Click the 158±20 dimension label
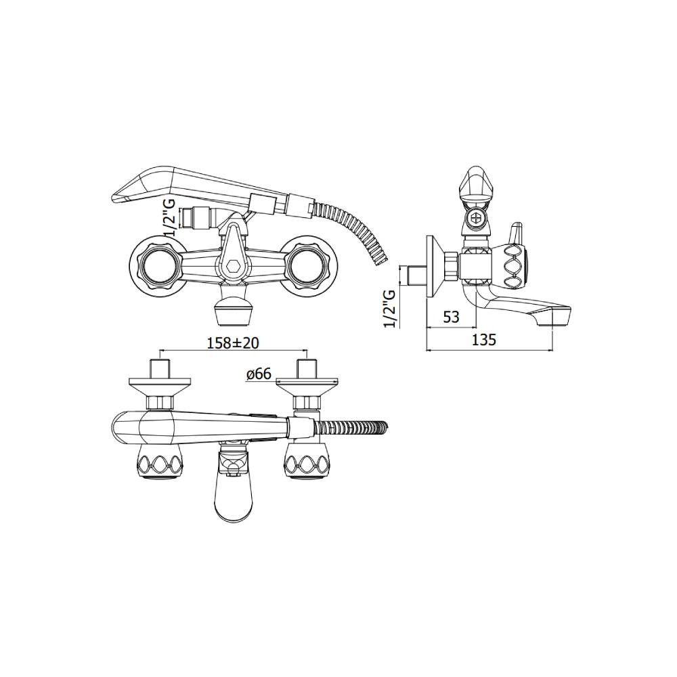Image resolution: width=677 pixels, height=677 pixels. point(233,343)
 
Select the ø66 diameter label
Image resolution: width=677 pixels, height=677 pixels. point(259,374)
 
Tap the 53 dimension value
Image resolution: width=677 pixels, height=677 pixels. point(451,318)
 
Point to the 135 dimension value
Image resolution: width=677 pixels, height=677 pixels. point(483,341)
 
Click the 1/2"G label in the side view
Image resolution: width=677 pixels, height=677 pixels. point(390,309)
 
